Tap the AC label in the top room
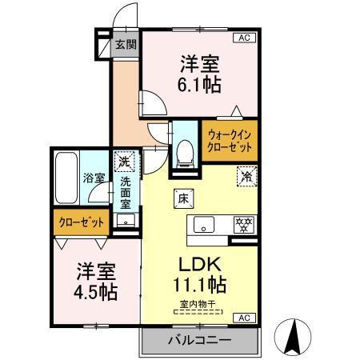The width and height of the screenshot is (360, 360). tap(240, 38)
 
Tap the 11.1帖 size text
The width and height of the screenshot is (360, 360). tap(198, 284)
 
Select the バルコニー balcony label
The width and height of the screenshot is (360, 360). tap(199, 340)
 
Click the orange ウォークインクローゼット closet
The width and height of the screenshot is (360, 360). tap(230, 141)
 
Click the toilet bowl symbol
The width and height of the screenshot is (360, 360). tap(184, 150)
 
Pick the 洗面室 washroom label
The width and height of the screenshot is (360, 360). tap(126, 193)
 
